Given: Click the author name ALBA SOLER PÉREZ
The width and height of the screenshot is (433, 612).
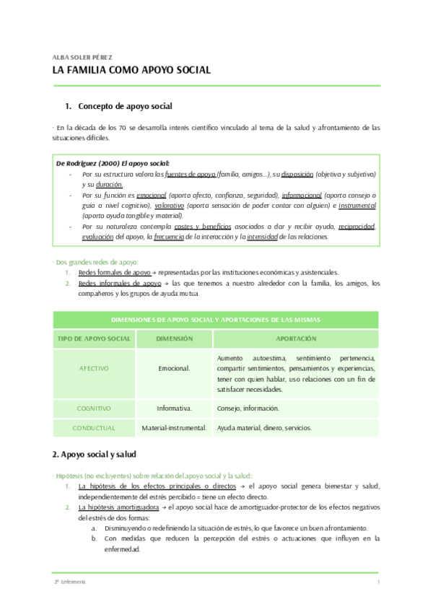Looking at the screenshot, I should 82,56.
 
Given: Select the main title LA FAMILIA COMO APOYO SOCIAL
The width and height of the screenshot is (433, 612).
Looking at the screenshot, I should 131,70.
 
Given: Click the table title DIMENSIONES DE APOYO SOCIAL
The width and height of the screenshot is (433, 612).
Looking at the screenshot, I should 216,320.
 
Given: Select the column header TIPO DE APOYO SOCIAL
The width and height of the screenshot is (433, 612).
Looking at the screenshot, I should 94,338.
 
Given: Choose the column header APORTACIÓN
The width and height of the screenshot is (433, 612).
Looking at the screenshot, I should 296,338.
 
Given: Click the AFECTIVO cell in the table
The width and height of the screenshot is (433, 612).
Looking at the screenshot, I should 94,369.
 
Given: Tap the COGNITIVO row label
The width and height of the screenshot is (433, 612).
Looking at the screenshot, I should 94,408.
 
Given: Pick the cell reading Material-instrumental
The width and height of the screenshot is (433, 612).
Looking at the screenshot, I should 174,427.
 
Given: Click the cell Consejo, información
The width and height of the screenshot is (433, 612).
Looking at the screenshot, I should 248,408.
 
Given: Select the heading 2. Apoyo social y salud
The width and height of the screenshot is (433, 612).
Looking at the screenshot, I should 100,455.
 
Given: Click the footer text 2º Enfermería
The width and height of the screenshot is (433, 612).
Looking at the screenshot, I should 69,582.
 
